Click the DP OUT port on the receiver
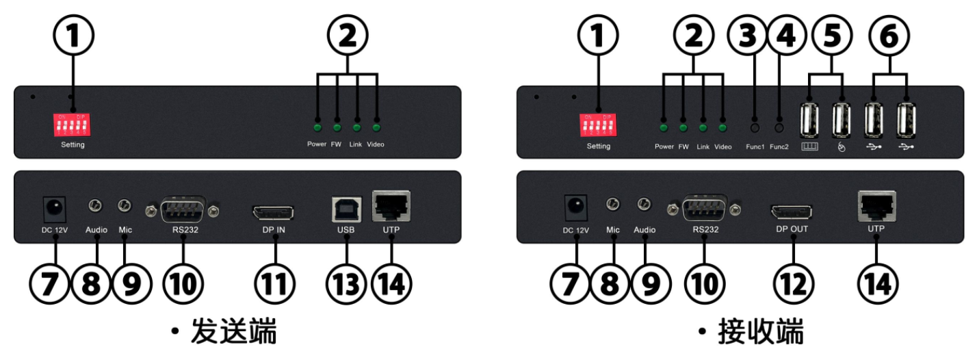point(793,211)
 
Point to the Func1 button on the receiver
point(755,127)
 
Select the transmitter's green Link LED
point(356,127)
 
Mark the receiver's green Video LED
point(722,127)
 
